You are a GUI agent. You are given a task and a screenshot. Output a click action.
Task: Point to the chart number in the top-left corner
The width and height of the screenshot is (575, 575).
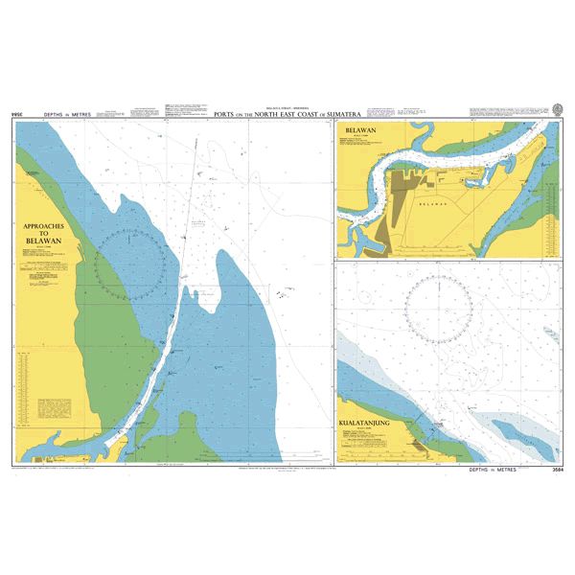pos(16,115)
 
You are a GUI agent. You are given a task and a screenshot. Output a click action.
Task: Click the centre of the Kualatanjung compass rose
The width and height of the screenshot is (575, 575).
pos(439,309)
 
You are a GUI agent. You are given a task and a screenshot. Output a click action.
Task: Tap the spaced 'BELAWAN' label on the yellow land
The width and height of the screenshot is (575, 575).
pos(433,205)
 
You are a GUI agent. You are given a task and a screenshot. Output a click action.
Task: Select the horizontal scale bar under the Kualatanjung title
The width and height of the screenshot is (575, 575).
pos(364,447)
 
